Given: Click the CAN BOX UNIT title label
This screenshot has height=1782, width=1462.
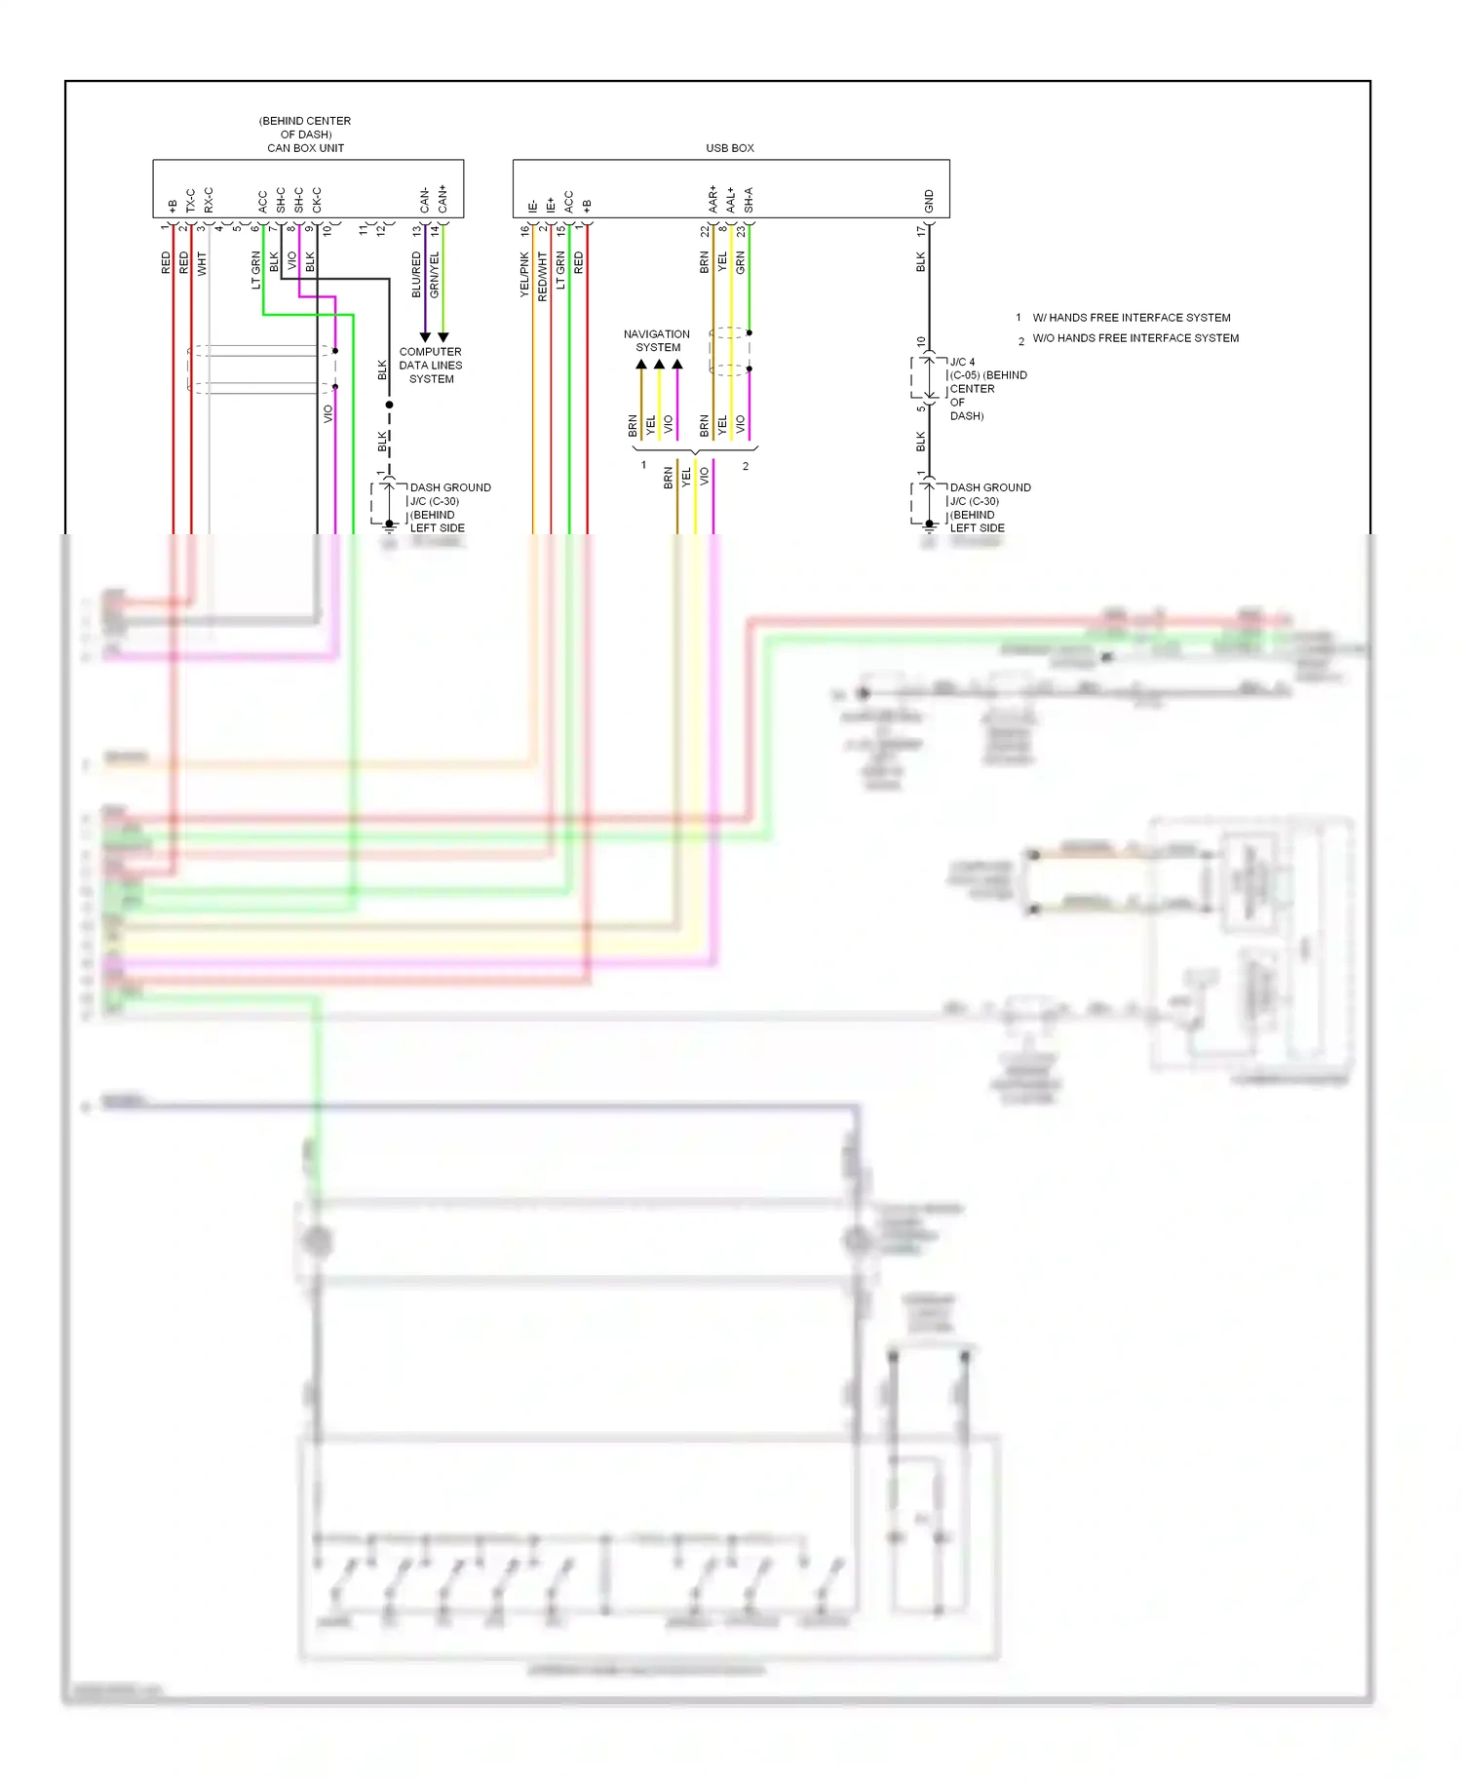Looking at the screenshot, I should tap(305, 148).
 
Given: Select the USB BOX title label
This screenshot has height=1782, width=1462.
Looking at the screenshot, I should tap(729, 148).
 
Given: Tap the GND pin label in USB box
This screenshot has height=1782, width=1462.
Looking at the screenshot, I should tap(928, 202).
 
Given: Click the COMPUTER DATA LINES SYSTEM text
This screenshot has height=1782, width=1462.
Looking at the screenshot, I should tap(430, 366).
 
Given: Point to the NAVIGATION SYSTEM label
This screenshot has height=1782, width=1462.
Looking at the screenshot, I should tap(657, 340).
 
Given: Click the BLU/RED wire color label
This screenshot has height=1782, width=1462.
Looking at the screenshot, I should tap(416, 274).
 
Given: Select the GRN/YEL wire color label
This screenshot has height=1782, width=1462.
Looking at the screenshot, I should tap(435, 274).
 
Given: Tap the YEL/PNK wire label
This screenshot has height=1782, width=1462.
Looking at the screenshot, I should tap(523, 274).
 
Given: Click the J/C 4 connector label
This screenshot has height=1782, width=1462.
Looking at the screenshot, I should tap(962, 362).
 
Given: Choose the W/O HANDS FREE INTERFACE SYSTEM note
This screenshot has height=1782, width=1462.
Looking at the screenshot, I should tap(1135, 338).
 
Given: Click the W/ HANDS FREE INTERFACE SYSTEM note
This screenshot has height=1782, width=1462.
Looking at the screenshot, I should tap(1131, 318).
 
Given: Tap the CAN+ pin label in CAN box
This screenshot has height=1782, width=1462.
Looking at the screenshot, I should tap(442, 199).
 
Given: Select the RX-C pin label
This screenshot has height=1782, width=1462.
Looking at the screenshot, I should tap(209, 200).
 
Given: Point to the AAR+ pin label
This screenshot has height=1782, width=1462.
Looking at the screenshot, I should tap(712, 199).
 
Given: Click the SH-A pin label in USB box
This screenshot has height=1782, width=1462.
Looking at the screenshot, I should tap(749, 200).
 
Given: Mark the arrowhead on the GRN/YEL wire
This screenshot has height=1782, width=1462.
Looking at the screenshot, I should tap(442, 337).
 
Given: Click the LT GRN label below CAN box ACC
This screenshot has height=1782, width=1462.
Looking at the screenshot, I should tap(255, 270).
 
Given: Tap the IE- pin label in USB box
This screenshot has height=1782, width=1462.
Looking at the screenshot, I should tap(532, 207).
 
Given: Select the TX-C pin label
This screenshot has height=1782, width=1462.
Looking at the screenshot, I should tap(190, 200).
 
